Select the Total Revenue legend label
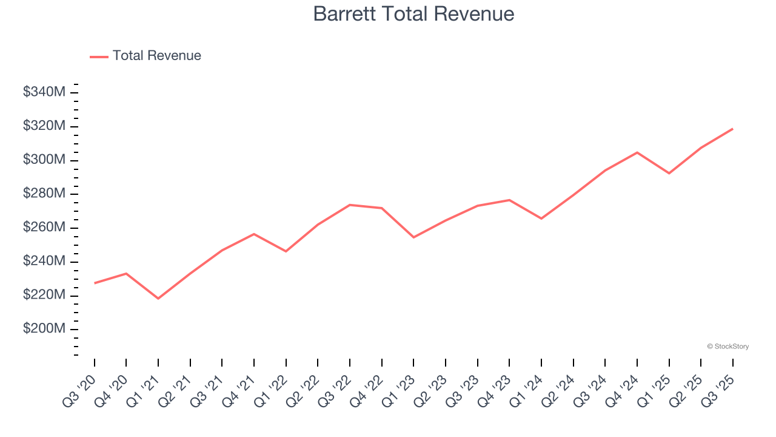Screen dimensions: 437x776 click(x=156, y=56)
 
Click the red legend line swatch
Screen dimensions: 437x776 click(x=99, y=56)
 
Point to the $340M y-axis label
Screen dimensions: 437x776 click(x=44, y=92)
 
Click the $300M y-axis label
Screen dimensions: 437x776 click(x=44, y=160)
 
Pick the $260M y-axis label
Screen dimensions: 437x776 click(x=44, y=228)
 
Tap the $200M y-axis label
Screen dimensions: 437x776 click(x=44, y=329)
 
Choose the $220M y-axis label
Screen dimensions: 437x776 click(x=44, y=295)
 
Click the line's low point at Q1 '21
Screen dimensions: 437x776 click(x=158, y=299)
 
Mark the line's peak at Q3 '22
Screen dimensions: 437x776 click(x=350, y=205)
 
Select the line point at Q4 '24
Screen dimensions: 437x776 click(x=637, y=152)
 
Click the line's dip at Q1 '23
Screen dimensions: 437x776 click(x=413, y=237)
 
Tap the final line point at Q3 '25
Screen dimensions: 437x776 click(x=732, y=129)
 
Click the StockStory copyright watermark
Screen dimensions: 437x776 click(x=727, y=347)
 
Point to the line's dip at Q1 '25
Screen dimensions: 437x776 click(x=669, y=174)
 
